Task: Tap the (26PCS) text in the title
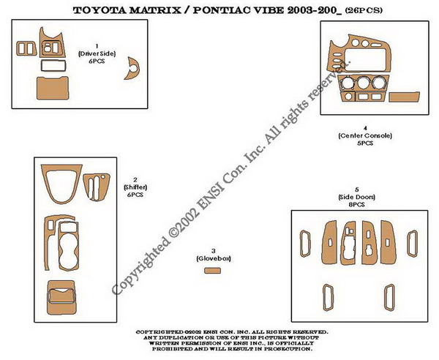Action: tap(364, 10)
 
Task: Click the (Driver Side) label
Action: tap(97, 53)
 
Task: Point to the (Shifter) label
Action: tap(135, 187)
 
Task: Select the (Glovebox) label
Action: tap(214, 258)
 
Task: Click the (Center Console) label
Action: tap(365, 136)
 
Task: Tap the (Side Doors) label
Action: tap(357, 197)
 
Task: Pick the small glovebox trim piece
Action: tap(212, 271)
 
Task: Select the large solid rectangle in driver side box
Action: tap(53, 88)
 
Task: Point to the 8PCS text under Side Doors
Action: tap(357, 205)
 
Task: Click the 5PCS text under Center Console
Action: tap(365, 143)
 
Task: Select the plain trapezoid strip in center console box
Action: tap(404, 97)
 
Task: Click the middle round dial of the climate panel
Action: tap(363, 83)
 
